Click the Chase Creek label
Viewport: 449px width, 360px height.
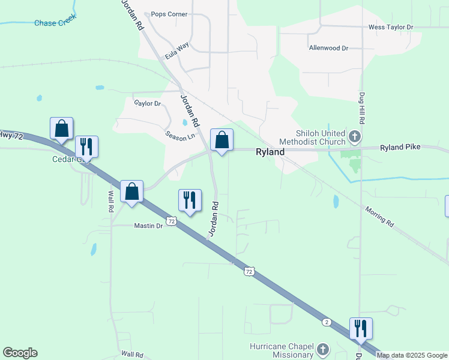click(54, 23)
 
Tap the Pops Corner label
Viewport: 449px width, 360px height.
click(169, 14)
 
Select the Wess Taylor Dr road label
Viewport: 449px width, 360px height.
click(391, 28)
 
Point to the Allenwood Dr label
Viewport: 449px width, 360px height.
click(328, 48)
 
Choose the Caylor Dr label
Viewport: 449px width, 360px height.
click(148, 104)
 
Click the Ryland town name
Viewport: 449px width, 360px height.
click(270, 152)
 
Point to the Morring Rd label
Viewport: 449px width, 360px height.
click(379, 217)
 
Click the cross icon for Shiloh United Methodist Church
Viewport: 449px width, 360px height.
click(355, 137)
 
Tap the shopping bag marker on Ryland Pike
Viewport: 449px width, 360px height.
click(221, 140)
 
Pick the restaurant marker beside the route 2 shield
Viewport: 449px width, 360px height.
click(361, 329)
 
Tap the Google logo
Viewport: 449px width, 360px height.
click(20, 353)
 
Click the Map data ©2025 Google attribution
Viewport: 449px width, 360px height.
click(412, 355)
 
